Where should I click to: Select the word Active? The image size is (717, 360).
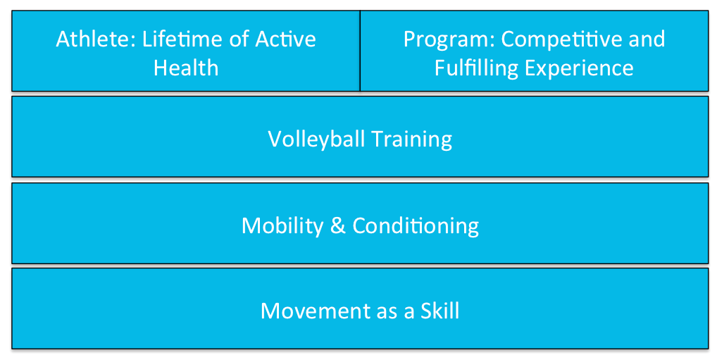click(x=286, y=39)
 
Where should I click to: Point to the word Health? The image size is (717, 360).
click(x=186, y=68)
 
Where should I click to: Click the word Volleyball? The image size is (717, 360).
click(x=316, y=139)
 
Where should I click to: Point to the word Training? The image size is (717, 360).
click(x=411, y=139)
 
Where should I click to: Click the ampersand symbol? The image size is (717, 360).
click(x=337, y=225)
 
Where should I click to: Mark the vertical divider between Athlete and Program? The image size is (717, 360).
click(x=360, y=51)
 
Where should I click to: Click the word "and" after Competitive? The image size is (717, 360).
click(x=650, y=39)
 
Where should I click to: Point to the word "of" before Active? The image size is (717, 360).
click(x=239, y=39)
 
